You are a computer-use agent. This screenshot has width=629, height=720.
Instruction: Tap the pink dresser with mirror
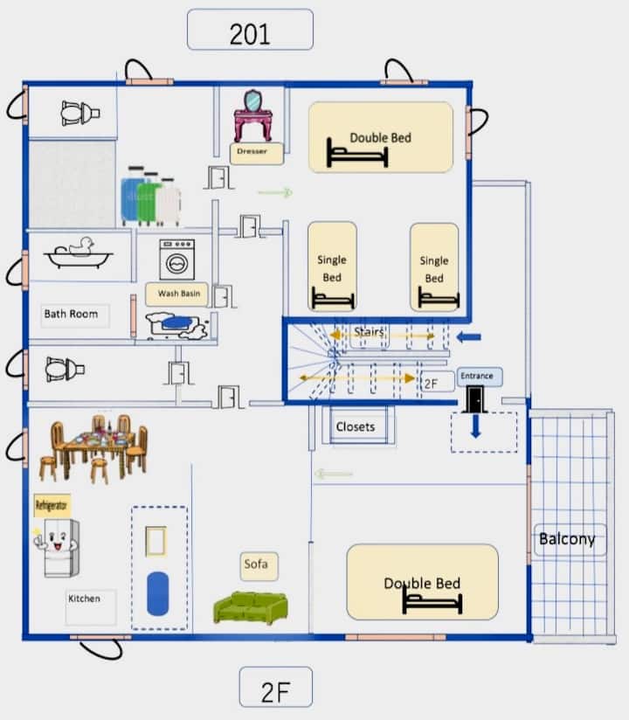click(253, 115)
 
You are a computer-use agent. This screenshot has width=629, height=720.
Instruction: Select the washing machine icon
click(177, 260)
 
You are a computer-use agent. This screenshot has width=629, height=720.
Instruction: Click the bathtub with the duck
click(79, 253)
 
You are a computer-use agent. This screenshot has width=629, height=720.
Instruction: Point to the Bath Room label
click(71, 314)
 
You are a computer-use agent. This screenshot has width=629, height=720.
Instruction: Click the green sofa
click(251, 607)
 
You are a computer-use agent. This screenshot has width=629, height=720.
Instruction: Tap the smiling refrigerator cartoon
click(58, 548)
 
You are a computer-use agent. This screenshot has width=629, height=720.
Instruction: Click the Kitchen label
click(85, 599)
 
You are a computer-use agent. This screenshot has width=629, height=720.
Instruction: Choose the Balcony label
click(567, 538)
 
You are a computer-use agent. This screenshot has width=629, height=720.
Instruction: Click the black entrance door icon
click(475, 399)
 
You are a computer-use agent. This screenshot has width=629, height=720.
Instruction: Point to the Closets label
click(356, 427)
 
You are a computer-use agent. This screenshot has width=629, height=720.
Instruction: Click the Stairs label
click(369, 331)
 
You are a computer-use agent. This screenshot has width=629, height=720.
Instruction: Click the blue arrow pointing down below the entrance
click(476, 426)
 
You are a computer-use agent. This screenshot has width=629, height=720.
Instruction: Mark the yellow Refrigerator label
click(52, 506)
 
